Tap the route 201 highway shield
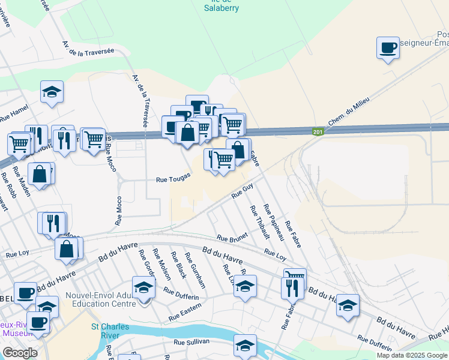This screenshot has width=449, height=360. tap(318, 132)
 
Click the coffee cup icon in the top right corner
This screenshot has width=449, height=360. tap(388, 47)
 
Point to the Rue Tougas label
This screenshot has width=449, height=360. tap(173, 178)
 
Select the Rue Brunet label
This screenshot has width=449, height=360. tap(232, 238)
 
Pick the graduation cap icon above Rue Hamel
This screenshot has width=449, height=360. tap(52, 92)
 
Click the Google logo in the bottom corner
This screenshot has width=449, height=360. tap(20, 353)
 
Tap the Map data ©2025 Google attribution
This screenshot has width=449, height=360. tap(412, 355)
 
